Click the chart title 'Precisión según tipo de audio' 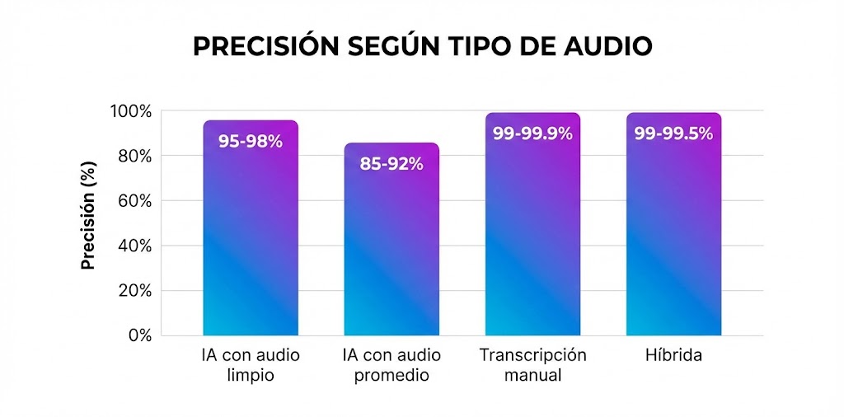pyautogui.click(x=422, y=47)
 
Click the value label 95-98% pyautogui.click(x=251, y=141)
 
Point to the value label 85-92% pyautogui.click(x=392, y=163)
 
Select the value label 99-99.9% pyautogui.click(x=532, y=134)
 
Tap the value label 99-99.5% pyautogui.click(x=673, y=134)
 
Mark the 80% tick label pyautogui.click(x=134, y=156)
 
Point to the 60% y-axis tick pyautogui.click(x=134, y=201)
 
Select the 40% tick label pyautogui.click(x=134, y=246)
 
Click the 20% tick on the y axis pyautogui.click(x=134, y=291)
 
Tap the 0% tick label pyautogui.click(x=138, y=335)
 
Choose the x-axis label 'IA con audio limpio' pyautogui.click(x=251, y=365)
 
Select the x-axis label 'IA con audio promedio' pyautogui.click(x=392, y=365)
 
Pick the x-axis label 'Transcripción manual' pyautogui.click(x=532, y=365)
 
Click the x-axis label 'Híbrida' pyautogui.click(x=673, y=356)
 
